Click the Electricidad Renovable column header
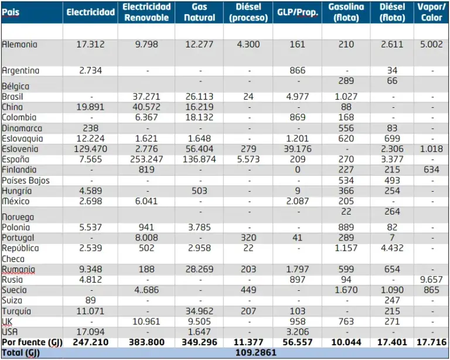(x=146, y=12)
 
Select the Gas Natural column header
(x=199, y=12)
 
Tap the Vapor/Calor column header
(x=431, y=12)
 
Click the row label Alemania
(x=20, y=44)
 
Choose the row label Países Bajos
(x=26, y=181)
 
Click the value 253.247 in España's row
(x=146, y=159)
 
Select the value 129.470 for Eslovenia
(x=91, y=150)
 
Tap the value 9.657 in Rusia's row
(x=431, y=280)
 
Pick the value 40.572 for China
(x=146, y=107)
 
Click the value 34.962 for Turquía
(x=199, y=311)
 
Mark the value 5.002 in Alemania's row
(x=431, y=44)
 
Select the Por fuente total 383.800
(x=146, y=342)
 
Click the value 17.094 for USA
(x=91, y=332)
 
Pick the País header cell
(x=11, y=12)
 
